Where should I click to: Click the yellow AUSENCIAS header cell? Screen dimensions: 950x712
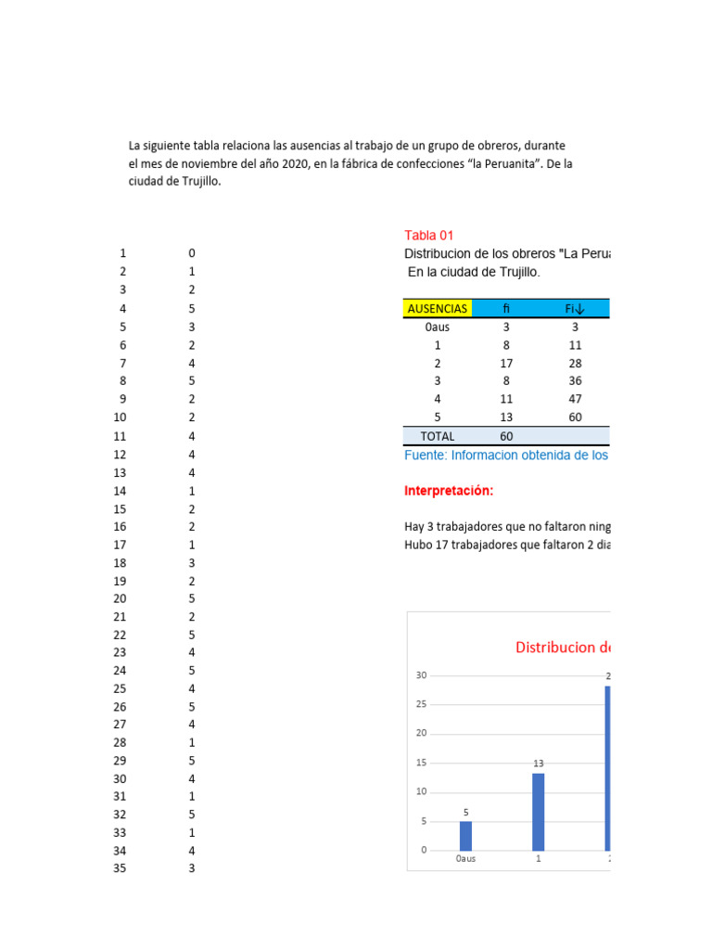point(438,308)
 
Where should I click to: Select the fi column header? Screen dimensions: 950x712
point(506,308)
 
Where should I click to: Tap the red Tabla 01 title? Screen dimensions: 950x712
point(429,236)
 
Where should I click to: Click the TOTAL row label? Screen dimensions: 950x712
point(438,436)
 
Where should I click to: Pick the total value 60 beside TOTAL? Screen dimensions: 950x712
point(506,436)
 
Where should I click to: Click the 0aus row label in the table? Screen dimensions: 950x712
point(438,327)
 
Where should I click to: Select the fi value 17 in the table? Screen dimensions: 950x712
point(506,363)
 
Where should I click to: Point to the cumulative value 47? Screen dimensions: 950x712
point(575,400)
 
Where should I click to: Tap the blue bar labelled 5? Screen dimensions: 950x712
point(465,836)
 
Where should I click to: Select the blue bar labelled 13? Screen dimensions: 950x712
point(539,812)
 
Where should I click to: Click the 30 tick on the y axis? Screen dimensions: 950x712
point(421,675)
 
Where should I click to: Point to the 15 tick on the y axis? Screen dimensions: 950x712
point(421,763)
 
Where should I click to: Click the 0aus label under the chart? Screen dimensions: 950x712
point(465,859)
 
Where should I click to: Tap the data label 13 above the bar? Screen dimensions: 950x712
point(539,764)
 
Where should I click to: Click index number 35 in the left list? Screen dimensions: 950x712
point(121,869)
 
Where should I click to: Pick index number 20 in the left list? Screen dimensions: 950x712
point(121,599)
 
